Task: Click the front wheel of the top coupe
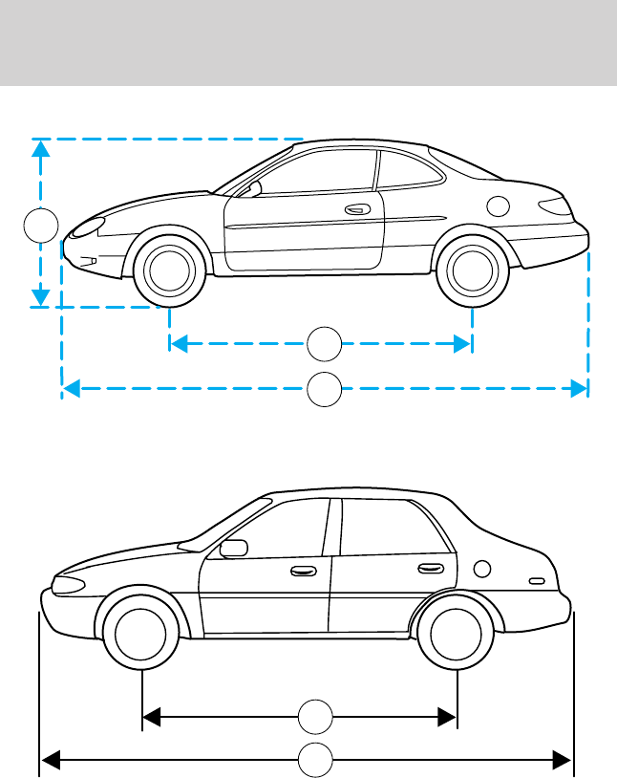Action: pyautogui.click(x=169, y=270)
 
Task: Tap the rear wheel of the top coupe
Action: pyautogui.click(x=471, y=270)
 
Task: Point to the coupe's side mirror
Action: pyautogui.click(x=253, y=188)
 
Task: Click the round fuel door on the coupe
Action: pyautogui.click(x=497, y=205)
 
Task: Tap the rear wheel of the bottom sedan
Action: pyautogui.click(x=457, y=632)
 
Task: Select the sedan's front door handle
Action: pyautogui.click(x=302, y=572)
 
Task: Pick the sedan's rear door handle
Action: pyautogui.click(x=430, y=570)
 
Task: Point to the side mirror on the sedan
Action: pyautogui.click(x=232, y=549)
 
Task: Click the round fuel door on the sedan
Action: pyautogui.click(x=482, y=571)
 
